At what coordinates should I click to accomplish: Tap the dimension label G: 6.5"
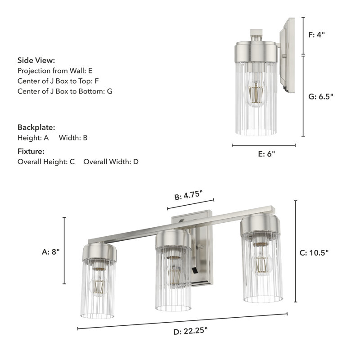(x=320, y=96)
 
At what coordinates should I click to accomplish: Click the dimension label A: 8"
(x=49, y=252)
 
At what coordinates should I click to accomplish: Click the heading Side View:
(x=36, y=60)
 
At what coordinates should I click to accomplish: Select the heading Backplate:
(x=36, y=127)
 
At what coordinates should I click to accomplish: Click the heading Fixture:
(x=31, y=151)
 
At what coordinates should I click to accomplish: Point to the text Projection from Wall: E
(x=55, y=71)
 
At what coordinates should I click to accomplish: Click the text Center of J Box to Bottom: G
(x=65, y=91)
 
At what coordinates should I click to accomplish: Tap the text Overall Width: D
(x=111, y=162)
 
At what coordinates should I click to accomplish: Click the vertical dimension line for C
(x=296, y=252)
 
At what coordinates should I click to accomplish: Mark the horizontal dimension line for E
(x=264, y=145)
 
